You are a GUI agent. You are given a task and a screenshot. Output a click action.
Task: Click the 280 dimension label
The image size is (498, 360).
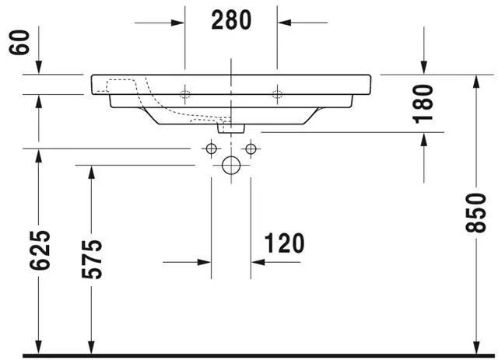click(x=231, y=21)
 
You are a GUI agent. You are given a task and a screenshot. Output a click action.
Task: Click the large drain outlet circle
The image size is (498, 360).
click(x=231, y=165)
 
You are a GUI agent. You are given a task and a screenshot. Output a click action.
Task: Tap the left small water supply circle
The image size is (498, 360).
click(x=211, y=148)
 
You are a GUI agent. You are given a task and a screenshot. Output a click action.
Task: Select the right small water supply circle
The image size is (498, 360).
click(x=251, y=148)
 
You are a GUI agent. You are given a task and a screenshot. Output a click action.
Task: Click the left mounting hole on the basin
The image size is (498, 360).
click(x=185, y=95)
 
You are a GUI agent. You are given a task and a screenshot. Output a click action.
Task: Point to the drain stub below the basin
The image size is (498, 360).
click(x=231, y=128)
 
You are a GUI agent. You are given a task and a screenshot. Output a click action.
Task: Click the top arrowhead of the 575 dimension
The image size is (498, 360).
click(x=92, y=173)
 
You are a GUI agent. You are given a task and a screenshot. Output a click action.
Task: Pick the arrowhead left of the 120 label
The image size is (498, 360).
click(x=204, y=262)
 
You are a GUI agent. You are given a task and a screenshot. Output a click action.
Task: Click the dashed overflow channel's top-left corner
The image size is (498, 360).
click(x=108, y=81)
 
